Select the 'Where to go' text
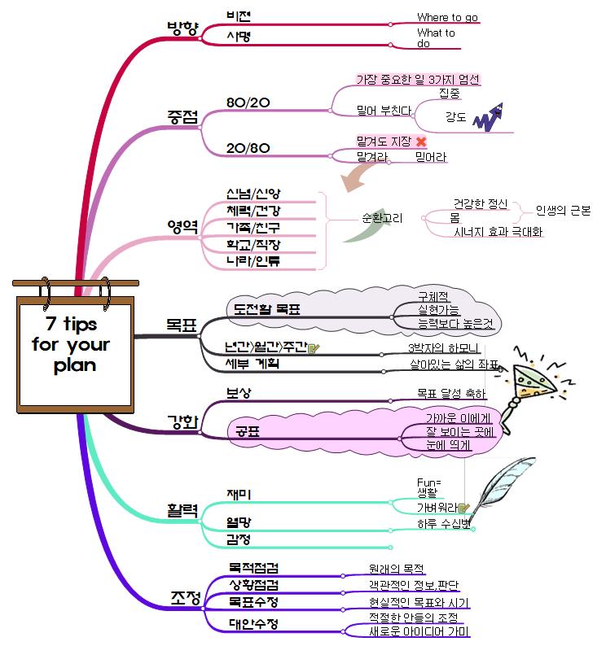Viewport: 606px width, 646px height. point(447,17)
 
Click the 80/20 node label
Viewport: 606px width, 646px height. point(247,103)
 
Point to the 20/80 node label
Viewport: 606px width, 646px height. point(247,147)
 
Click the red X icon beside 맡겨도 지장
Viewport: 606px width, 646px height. point(421,142)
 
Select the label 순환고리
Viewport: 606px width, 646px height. point(382,218)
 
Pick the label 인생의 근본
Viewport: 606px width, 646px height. point(563,210)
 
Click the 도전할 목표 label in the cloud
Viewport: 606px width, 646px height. point(266,308)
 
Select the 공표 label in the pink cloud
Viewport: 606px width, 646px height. point(248,431)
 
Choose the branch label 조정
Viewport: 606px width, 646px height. point(185,598)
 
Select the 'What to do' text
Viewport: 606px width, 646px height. point(436,38)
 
